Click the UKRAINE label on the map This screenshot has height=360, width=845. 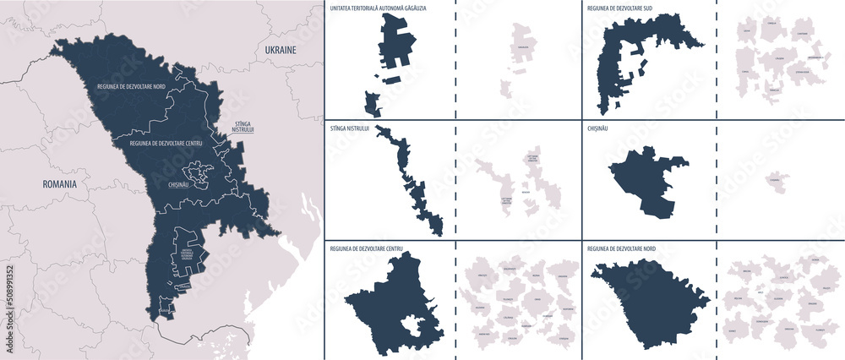(281, 51)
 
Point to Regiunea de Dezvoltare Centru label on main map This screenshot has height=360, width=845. (164, 144)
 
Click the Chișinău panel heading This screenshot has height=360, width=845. (599, 128)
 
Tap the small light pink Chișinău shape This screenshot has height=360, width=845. (776, 180)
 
